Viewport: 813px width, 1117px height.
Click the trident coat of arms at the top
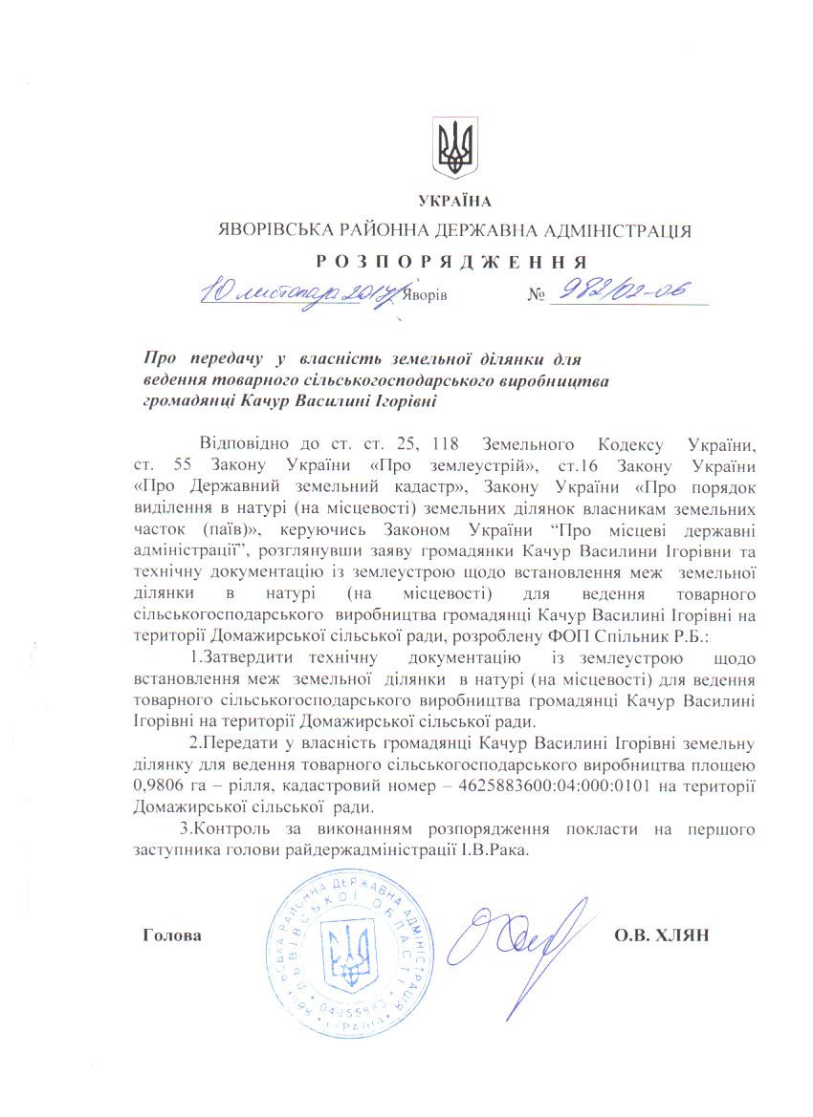(455, 148)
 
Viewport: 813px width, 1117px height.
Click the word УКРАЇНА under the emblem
(454, 201)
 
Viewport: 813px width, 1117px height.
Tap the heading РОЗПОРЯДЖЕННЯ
(453, 260)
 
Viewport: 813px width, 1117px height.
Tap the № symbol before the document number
(535, 294)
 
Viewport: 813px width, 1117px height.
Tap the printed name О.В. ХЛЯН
(659, 934)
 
